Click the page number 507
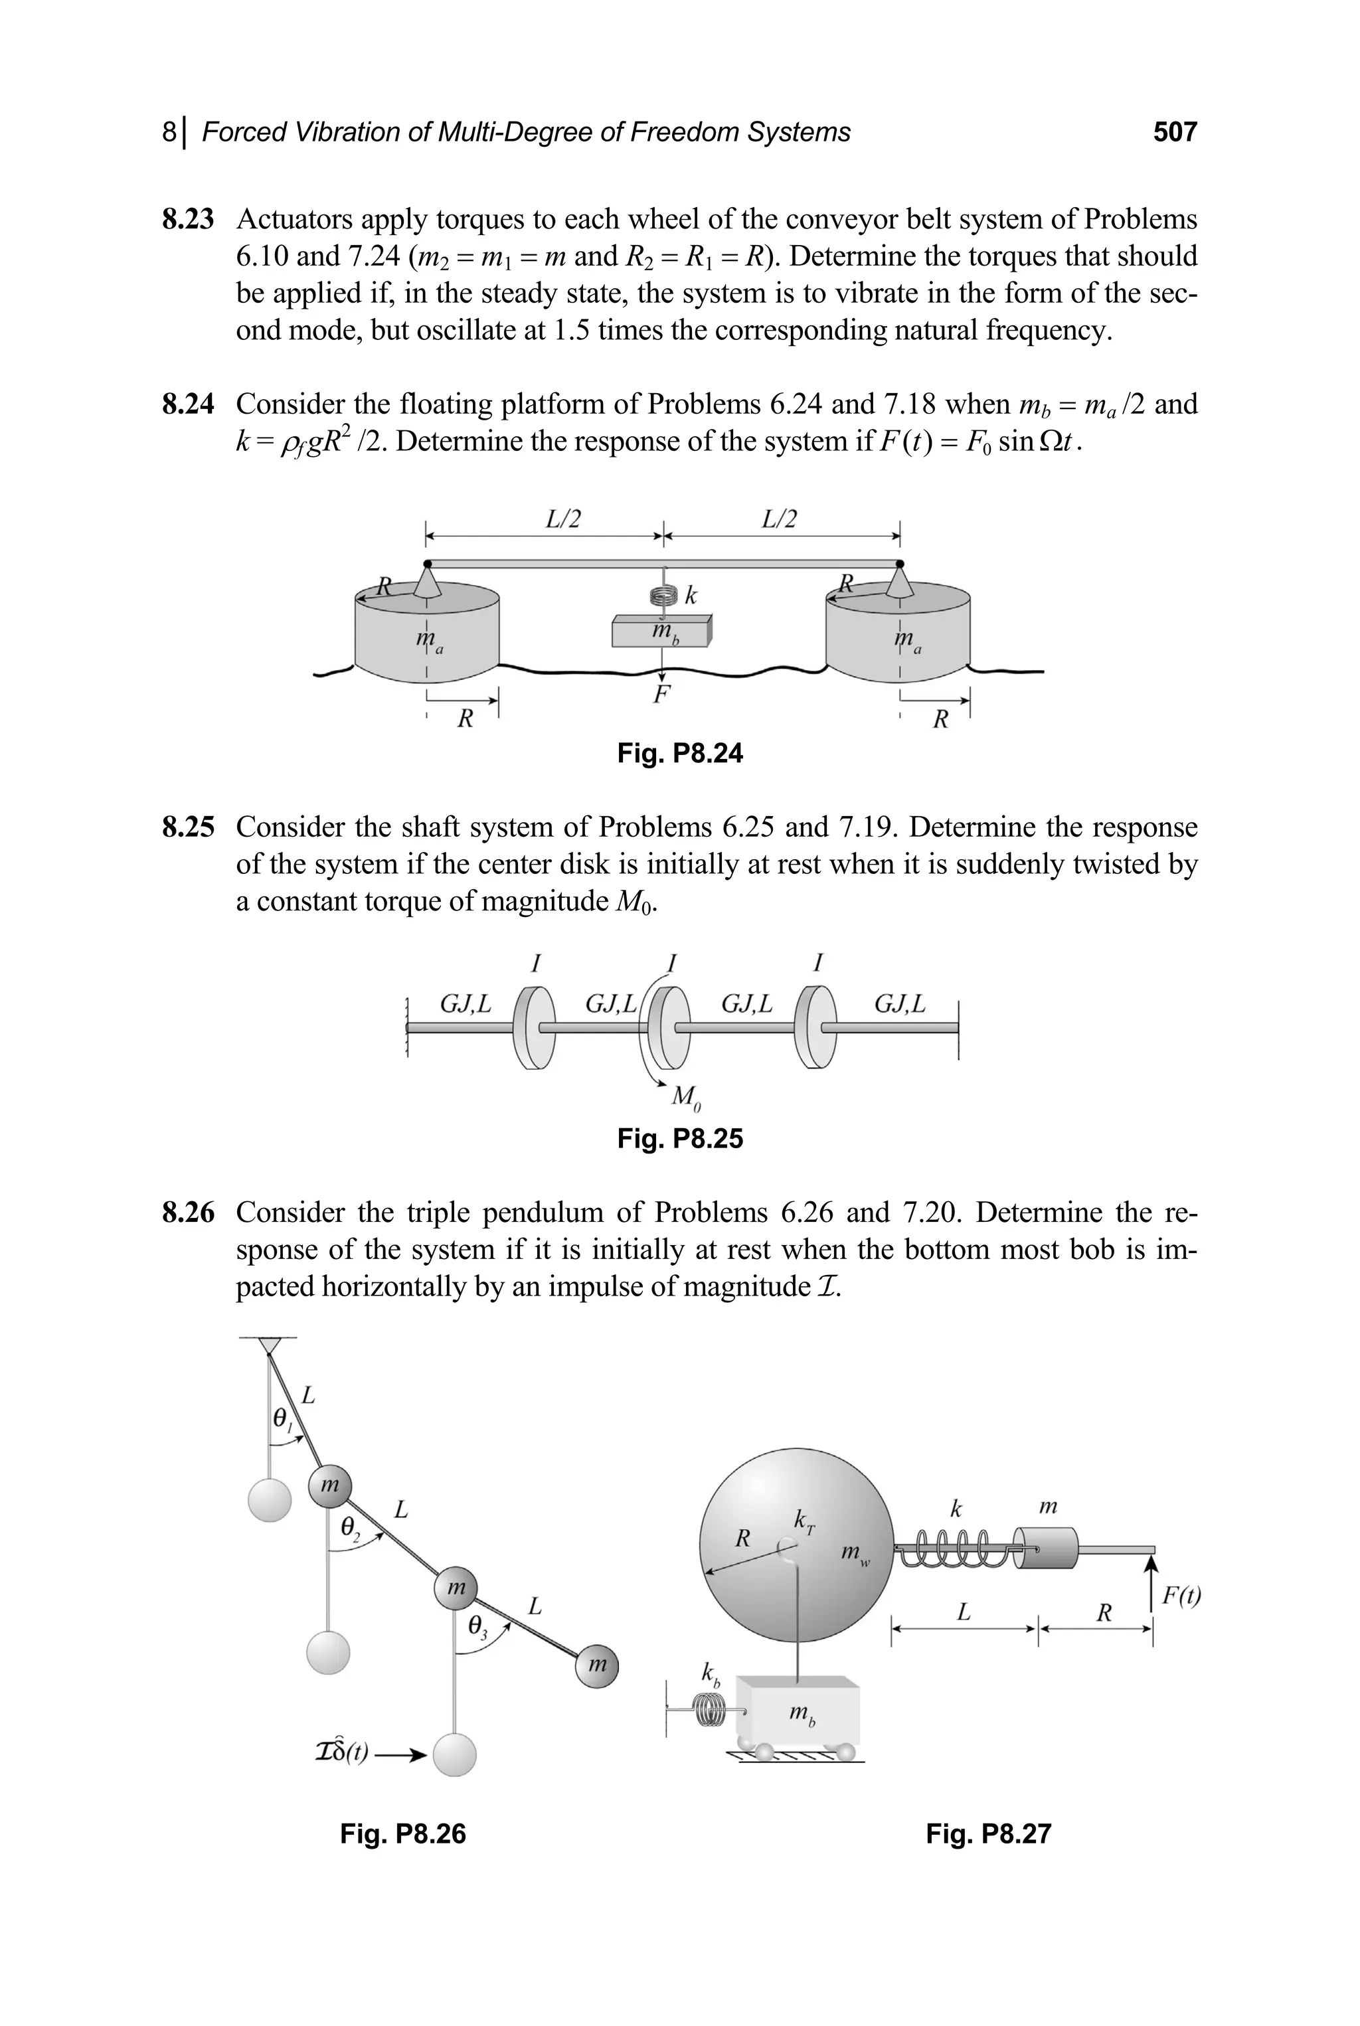tap(1174, 132)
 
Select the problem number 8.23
tap(187, 219)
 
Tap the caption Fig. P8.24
tap(680, 753)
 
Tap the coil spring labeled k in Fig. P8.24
tap(663, 596)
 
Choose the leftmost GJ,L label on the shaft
tap(465, 1004)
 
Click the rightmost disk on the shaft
tap(816, 1028)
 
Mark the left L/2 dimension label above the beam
tap(563, 519)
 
